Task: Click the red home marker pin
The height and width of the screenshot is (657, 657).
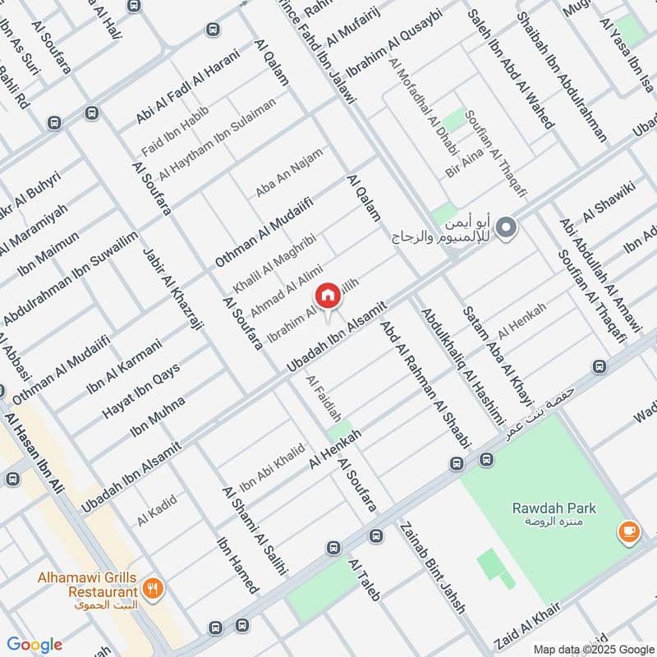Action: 327,296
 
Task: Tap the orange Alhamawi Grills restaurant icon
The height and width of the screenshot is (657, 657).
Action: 153,588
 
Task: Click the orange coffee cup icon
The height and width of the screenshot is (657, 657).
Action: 629,532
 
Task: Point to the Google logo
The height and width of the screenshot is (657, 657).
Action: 34,645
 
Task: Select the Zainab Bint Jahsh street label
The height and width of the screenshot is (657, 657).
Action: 432,567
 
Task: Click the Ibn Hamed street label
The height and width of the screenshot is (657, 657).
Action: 238,565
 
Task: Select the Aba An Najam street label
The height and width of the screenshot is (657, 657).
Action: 289,172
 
